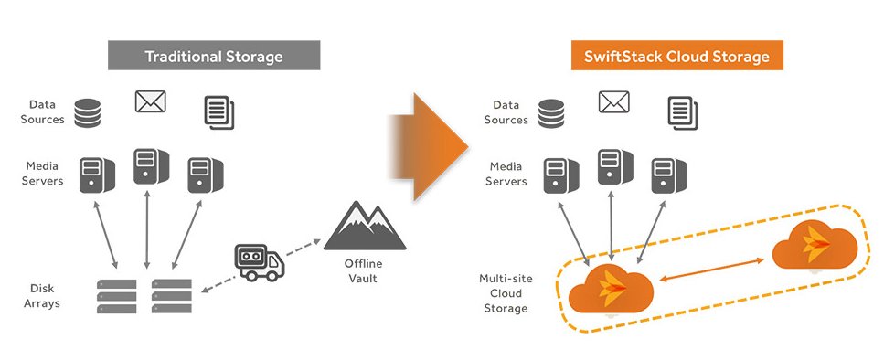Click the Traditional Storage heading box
[213, 57]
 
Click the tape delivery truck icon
[260, 261]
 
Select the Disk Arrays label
[42, 296]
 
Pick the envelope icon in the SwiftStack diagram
[613, 101]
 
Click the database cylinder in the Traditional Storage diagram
[87, 113]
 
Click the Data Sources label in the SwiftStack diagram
[506, 112]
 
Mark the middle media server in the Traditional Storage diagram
[147, 165]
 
